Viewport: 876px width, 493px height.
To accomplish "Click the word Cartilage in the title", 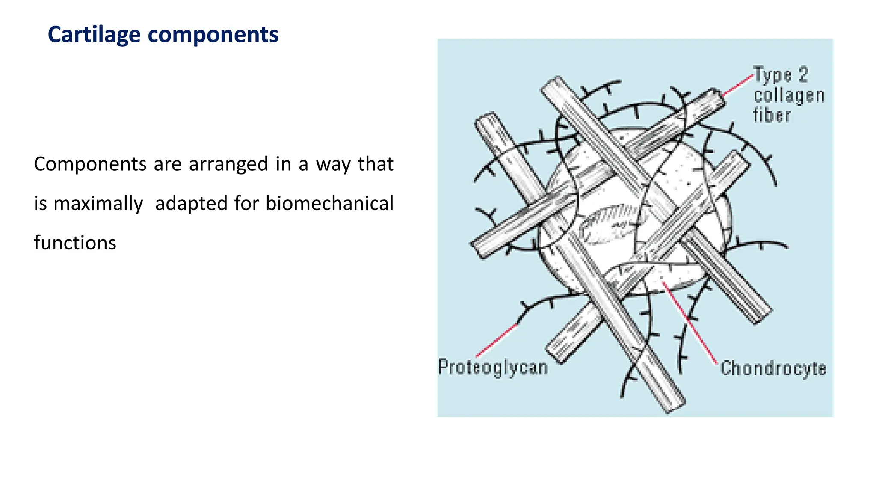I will tap(94, 35).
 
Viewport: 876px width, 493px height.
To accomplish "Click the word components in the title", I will tap(213, 35).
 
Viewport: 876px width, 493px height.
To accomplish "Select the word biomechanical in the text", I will tap(329, 203).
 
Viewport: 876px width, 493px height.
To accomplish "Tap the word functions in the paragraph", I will tap(75, 243).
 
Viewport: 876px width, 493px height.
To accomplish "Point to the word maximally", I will tap(98, 204).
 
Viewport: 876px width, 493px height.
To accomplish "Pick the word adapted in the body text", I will tap(191, 204).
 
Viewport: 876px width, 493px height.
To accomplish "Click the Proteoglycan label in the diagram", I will tap(493, 368).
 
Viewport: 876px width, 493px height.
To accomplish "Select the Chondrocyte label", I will tap(773, 368).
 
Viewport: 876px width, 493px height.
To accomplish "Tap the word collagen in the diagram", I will tap(789, 96).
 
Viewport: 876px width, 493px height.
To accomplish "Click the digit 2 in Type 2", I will tap(803, 75).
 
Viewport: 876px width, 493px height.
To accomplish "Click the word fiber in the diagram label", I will tap(772, 116).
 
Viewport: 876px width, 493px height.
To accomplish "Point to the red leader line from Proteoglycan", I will tap(496, 341).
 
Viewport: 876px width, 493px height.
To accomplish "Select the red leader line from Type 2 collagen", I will tap(737, 85).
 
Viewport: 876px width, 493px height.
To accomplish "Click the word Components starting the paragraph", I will tap(90, 164).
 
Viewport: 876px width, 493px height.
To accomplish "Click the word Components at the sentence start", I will tap(90, 164).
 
